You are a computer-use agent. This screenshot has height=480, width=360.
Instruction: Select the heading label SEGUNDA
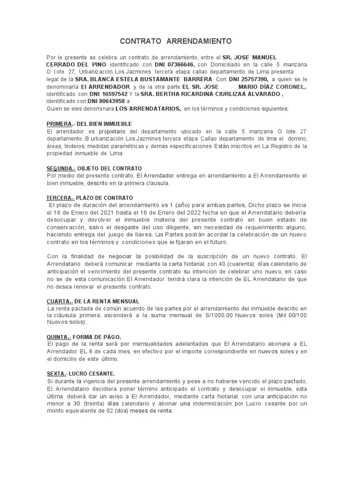(x=60, y=168)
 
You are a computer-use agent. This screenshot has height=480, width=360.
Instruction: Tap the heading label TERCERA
(x=59, y=198)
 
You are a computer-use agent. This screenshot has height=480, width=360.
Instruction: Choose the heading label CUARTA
(x=58, y=301)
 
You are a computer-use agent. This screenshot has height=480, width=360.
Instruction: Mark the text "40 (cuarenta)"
(x=212, y=264)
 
